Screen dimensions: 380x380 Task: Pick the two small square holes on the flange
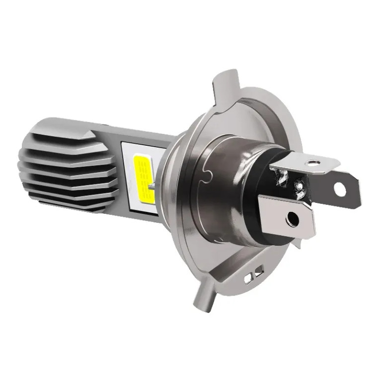(x=257, y=272)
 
